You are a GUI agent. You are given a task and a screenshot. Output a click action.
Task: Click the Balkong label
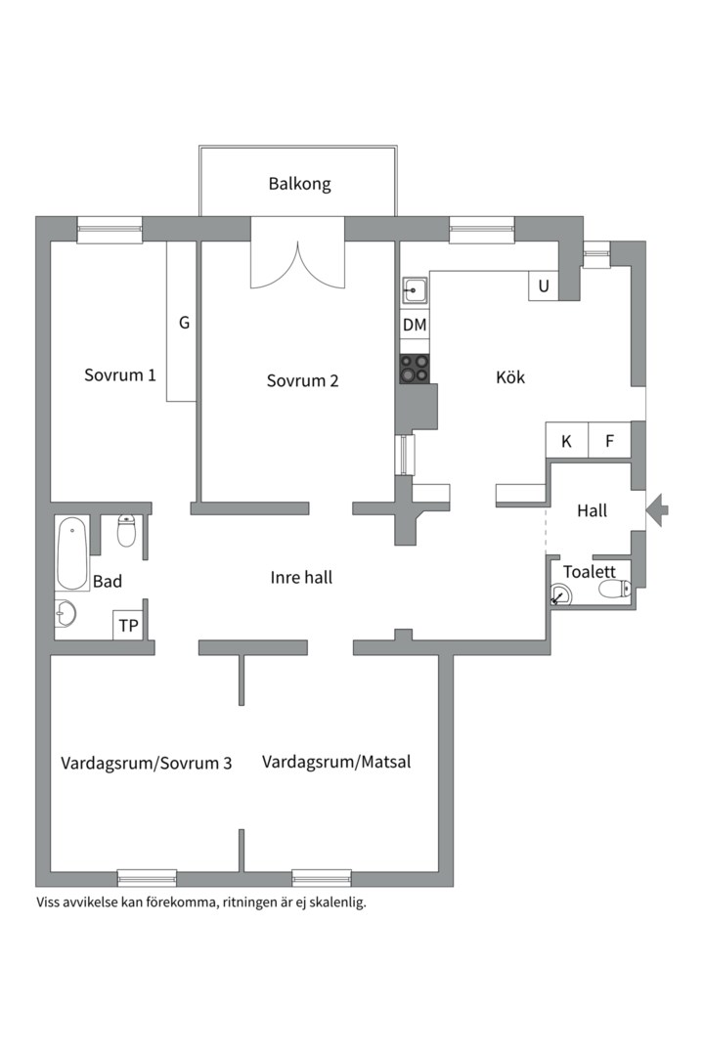(299, 184)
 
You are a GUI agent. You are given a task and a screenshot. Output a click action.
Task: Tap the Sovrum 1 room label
(120, 375)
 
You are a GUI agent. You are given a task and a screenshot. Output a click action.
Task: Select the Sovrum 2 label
(302, 380)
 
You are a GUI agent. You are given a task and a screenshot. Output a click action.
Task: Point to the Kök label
(510, 377)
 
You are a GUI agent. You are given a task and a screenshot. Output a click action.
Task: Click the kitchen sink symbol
(415, 291)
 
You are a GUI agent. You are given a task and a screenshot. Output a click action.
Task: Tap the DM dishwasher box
(415, 325)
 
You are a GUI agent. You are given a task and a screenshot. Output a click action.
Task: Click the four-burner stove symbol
(415, 369)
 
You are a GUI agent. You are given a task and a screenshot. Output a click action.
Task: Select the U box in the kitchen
(544, 286)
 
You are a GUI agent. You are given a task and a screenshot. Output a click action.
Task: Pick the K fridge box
(566, 440)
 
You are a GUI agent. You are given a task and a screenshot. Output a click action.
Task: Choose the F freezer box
(610, 440)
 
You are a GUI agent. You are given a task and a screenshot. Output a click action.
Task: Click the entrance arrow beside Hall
(657, 509)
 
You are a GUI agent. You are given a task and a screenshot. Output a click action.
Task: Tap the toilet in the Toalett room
(614, 590)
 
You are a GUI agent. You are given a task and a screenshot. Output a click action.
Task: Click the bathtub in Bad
(72, 553)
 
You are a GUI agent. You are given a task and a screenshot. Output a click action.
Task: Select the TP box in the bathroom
(128, 625)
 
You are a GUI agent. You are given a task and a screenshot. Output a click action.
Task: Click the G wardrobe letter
(184, 323)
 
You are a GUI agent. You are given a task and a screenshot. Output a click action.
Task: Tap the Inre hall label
(301, 577)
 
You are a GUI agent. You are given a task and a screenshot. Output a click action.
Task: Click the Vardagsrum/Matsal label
(336, 762)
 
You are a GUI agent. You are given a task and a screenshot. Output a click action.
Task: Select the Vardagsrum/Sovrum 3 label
(147, 763)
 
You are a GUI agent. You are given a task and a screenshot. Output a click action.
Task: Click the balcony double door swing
(298, 265)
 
